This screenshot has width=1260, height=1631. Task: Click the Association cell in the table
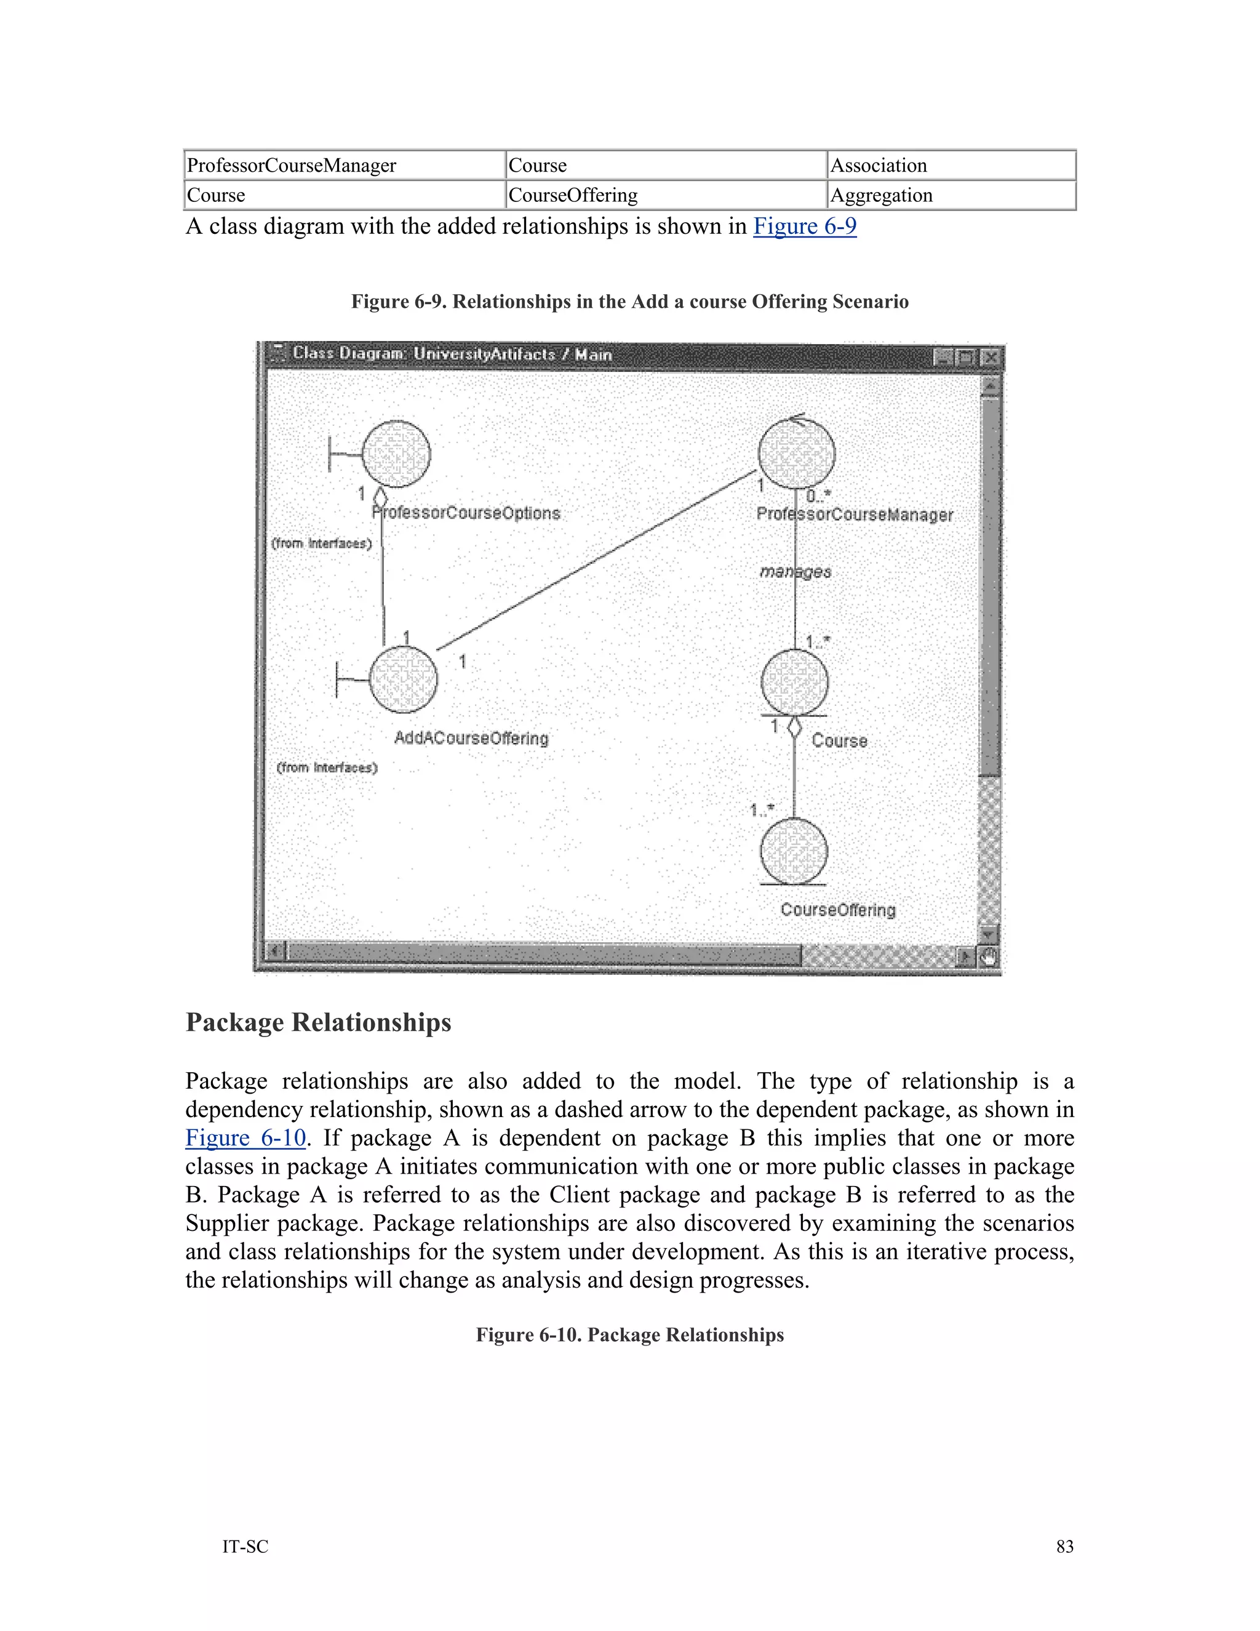pyautogui.click(x=951, y=165)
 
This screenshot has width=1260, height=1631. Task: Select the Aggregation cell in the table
pyautogui.click(x=951, y=195)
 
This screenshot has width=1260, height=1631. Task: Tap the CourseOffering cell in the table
pyautogui.click(x=666, y=195)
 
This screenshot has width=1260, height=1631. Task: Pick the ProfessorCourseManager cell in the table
pyautogui.click(x=344, y=165)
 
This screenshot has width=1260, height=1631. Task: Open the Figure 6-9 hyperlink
pyautogui.click(x=805, y=226)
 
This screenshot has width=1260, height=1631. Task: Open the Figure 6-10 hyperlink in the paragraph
pyautogui.click(x=245, y=1137)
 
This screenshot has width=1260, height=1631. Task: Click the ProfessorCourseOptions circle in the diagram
pyautogui.click(x=396, y=454)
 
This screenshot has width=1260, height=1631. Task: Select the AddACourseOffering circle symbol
pyautogui.click(x=403, y=679)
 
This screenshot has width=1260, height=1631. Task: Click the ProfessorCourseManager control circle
pyautogui.click(x=797, y=454)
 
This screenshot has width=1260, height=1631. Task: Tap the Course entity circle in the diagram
pyautogui.click(x=794, y=682)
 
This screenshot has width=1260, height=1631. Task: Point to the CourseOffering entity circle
pyautogui.click(x=794, y=851)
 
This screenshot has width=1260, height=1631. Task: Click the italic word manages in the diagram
pyautogui.click(x=795, y=571)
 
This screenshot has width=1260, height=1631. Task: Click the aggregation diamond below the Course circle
pyautogui.click(x=794, y=727)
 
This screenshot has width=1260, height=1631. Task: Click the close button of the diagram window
pyautogui.click(x=990, y=357)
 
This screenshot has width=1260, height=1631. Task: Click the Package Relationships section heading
pyautogui.click(x=318, y=1022)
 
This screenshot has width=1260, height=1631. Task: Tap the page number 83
pyautogui.click(x=1064, y=1546)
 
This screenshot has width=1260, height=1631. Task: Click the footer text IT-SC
pyautogui.click(x=245, y=1546)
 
